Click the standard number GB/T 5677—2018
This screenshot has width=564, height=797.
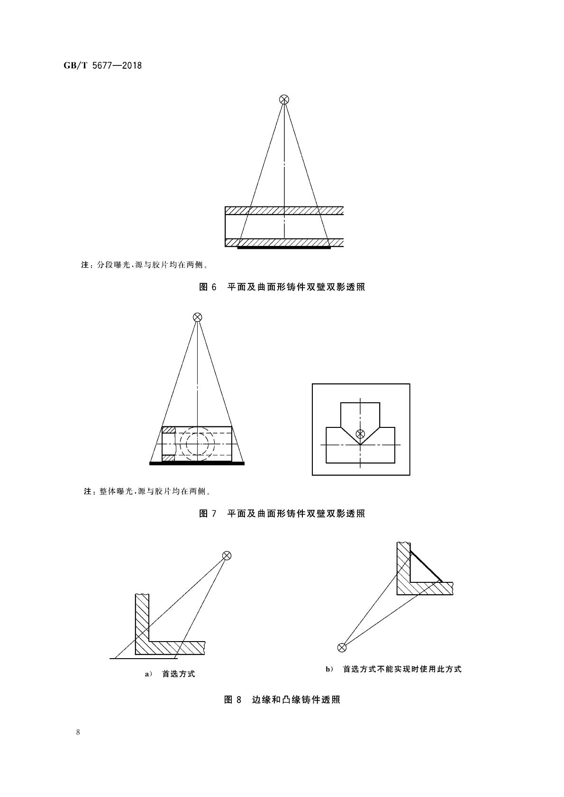coord(102,65)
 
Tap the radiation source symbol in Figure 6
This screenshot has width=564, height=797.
coord(284,100)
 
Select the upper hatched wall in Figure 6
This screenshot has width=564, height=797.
coord(284,210)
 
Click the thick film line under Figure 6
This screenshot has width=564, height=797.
coord(283,247)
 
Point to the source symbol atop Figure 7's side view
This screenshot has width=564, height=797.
coord(197,317)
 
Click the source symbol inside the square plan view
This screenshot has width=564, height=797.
coord(360,433)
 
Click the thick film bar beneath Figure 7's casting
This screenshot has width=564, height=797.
coord(197,463)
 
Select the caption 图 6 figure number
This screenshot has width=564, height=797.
coord(207,287)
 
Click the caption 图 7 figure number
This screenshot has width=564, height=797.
coord(207,514)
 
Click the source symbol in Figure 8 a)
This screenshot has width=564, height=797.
coord(227,555)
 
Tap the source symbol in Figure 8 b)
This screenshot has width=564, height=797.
coord(341,647)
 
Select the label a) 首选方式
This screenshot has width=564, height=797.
coord(170,674)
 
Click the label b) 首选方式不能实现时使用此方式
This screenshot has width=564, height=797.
coord(393,669)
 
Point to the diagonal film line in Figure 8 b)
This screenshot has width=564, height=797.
coord(426,566)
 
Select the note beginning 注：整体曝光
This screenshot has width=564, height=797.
coord(147,491)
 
